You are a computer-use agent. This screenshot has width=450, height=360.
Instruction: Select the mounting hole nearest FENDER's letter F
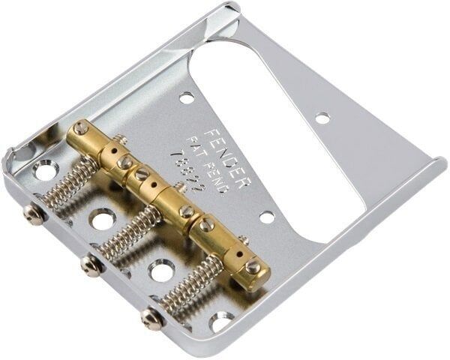tap(186, 97)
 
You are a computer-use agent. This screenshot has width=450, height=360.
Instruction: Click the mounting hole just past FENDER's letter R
tap(267, 217)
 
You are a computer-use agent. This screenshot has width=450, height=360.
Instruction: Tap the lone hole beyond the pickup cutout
tap(322, 118)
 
